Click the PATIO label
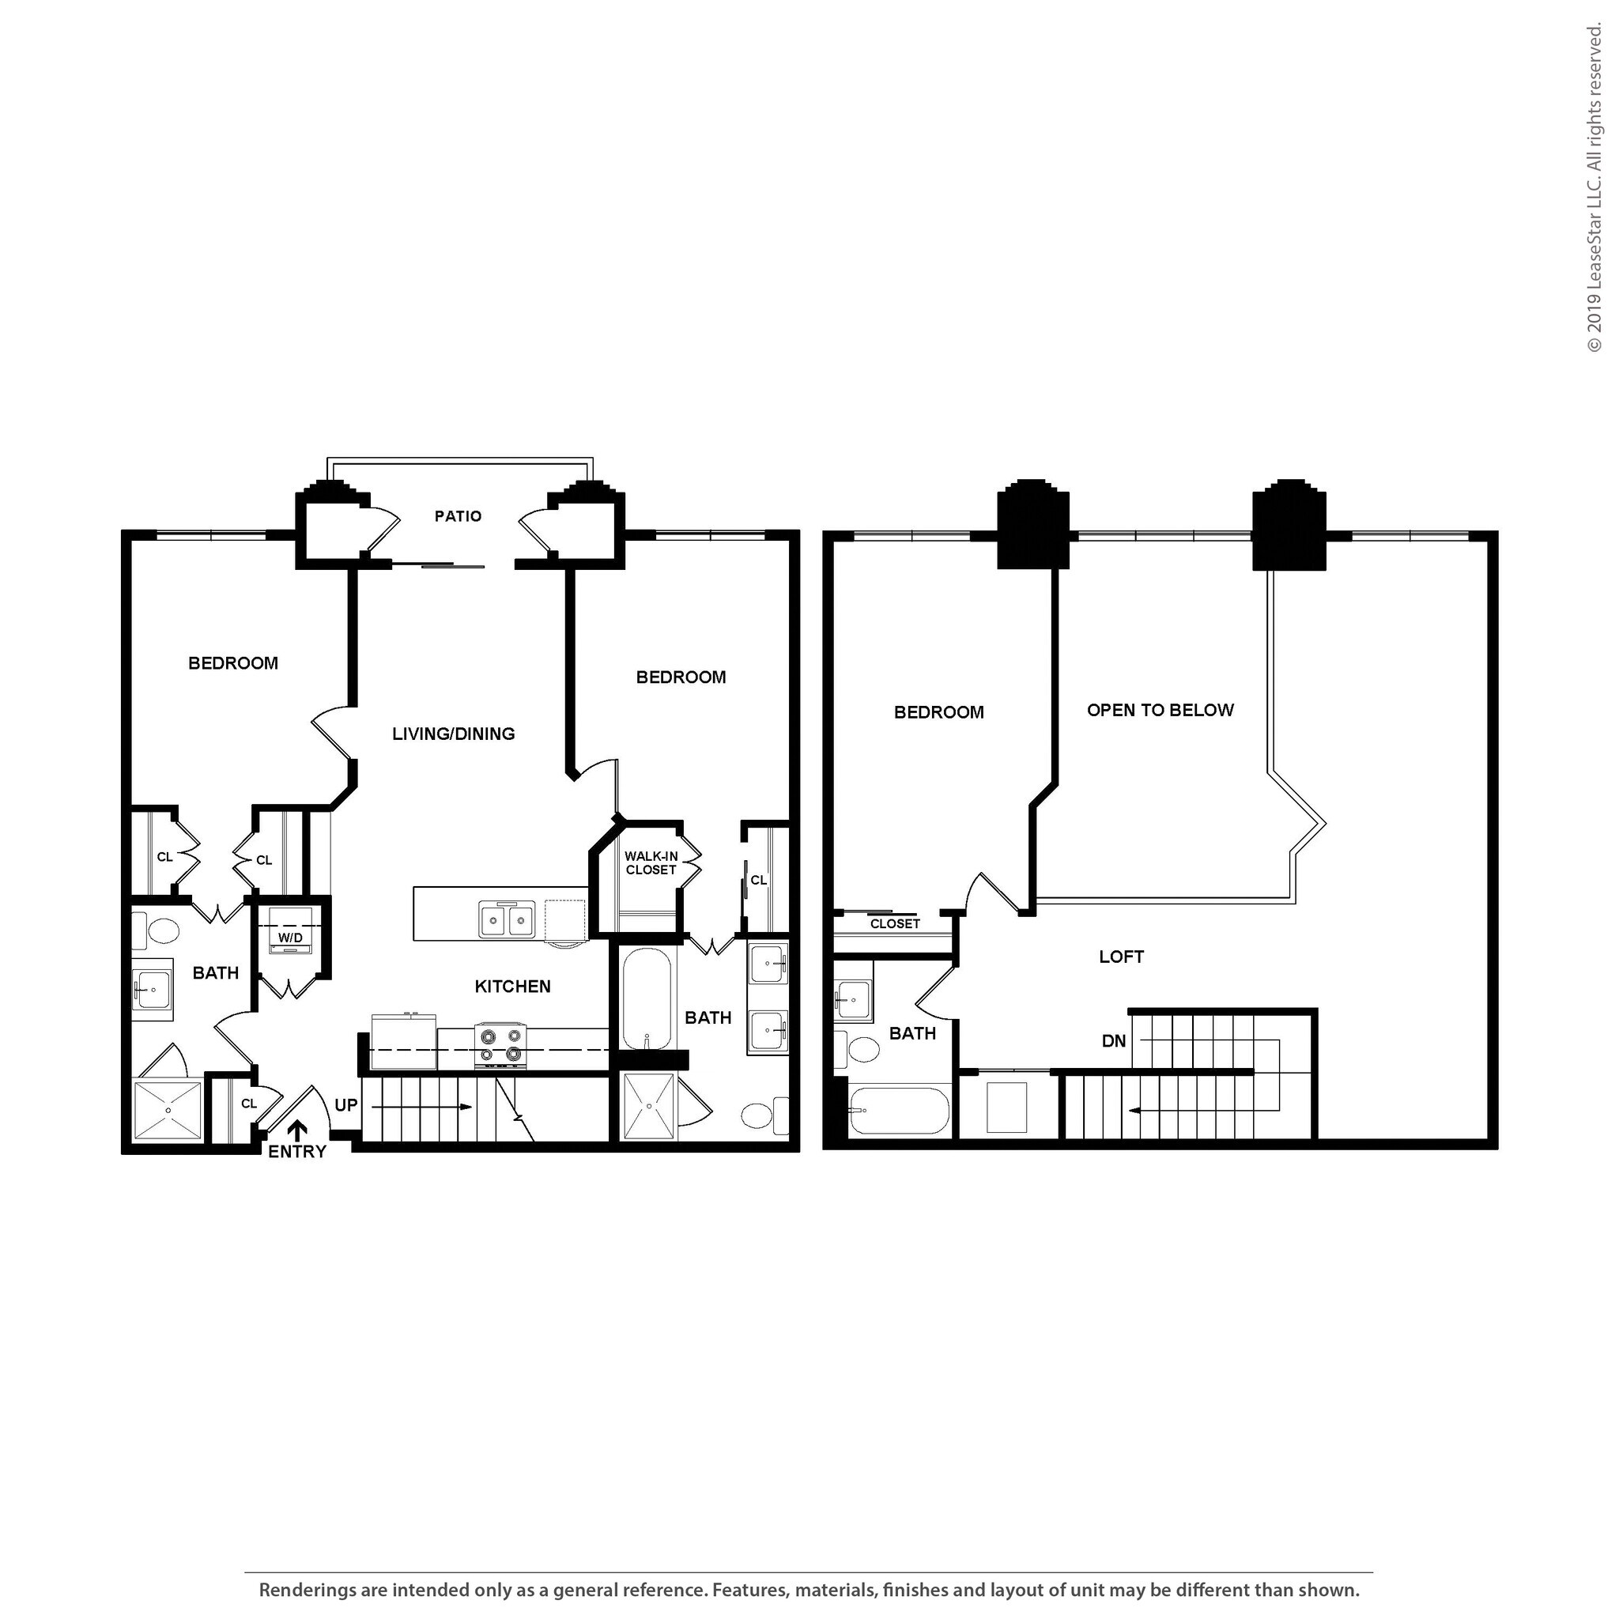pyautogui.click(x=458, y=516)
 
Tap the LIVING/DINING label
pyautogui.click(x=453, y=734)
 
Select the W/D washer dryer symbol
pyautogui.click(x=290, y=930)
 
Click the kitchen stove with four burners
pyautogui.click(x=501, y=1046)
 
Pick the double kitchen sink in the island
pyautogui.click(x=507, y=919)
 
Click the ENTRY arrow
pyautogui.click(x=297, y=1132)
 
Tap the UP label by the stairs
pyautogui.click(x=346, y=1105)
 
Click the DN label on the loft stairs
pyautogui.click(x=1114, y=1042)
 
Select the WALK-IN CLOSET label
pyautogui.click(x=651, y=863)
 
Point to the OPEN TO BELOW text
pyautogui.click(x=1160, y=711)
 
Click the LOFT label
pyautogui.click(x=1121, y=957)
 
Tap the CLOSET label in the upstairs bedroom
pyautogui.click(x=895, y=923)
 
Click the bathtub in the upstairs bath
pyautogui.click(x=898, y=1111)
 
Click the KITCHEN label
pyautogui.click(x=513, y=987)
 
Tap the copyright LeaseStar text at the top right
pyautogui.click(x=1594, y=189)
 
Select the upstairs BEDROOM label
pyautogui.click(x=938, y=712)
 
